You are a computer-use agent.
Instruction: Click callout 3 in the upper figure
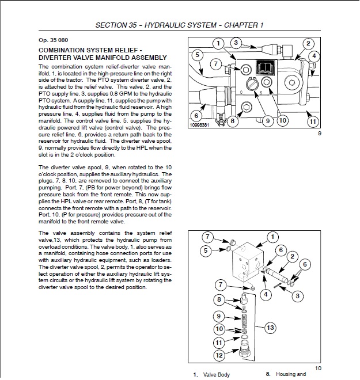[x=236, y=42]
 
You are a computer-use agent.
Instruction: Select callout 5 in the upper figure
[x=197, y=55]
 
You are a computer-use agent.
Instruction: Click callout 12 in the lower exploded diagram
[x=219, y=355]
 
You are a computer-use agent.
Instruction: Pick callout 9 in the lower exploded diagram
[x=219, y=316]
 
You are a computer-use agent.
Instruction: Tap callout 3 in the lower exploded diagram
[x=297, y=296]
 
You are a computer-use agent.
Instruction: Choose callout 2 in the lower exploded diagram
[x=293, y=256]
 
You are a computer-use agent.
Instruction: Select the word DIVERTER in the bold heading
[x=56, y=58]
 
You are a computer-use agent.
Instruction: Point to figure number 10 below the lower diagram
[x=318, y=368]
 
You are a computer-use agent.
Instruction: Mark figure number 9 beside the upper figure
[x=319, y=134]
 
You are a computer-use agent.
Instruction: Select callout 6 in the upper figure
[x=196, y=115]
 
